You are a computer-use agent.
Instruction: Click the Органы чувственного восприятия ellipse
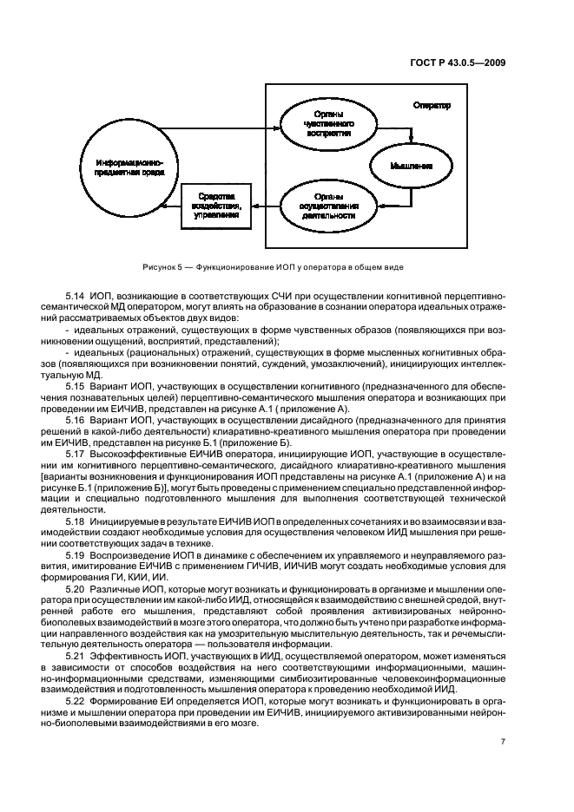tap(327, 124)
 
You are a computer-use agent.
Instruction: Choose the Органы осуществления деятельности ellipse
tap(327, 207)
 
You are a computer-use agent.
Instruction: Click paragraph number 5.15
tap(76, 384)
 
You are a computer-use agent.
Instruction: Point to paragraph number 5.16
tap(76, 420)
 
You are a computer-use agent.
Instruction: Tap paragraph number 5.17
tap(76, 454)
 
